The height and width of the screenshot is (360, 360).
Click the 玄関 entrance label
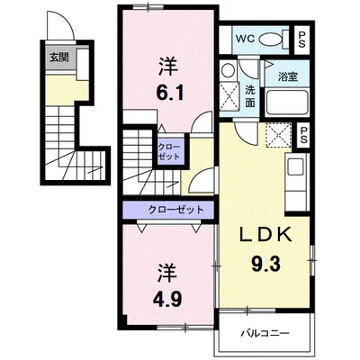[x=58, y=58]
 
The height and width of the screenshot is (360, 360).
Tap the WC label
[x=245, y=39]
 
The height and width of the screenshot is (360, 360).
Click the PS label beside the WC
[x=301, y=40]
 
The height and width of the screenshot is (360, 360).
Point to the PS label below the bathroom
[x=303, y=135]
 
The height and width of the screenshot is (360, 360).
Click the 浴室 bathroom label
[x=288, y=76]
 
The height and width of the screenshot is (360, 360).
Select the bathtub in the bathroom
[x=287, y=102]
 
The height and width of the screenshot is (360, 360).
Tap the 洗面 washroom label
[x=250, y=96]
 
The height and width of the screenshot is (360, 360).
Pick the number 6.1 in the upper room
[x=169, y=93]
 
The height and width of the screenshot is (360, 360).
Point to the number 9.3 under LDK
[x=265, y=265]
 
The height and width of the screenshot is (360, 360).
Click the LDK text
[x=265, y=235]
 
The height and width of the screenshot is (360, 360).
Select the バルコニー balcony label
[x=265, y=333]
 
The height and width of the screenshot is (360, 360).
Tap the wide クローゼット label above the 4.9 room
[x=176, y=210]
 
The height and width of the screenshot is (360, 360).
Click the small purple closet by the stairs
[x=169, y=151]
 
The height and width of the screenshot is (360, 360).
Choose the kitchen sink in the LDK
[x=295, y=166]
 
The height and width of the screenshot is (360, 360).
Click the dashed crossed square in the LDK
[x=279, y=135]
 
